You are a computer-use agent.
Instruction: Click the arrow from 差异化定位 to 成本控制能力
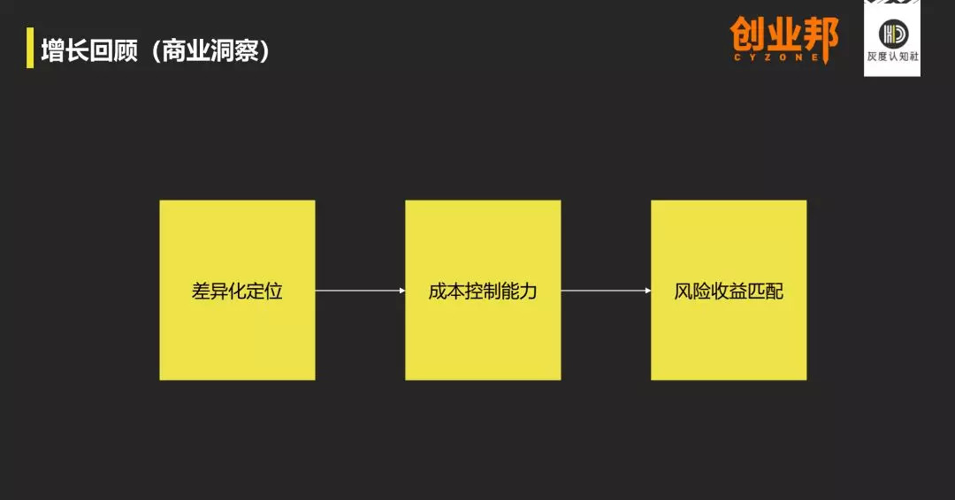click(x=360, y=291)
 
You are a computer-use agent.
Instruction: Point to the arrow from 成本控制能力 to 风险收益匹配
click(x=606, y=291)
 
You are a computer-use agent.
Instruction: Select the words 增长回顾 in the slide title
click(x=89, y=49)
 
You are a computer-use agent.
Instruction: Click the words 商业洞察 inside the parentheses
click(x=210, y=49)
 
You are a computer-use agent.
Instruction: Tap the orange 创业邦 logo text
click(x=783, y=35)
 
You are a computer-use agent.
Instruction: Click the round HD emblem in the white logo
click(x=891, y=34)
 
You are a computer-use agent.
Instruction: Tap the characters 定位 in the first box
click(x=264, y=291)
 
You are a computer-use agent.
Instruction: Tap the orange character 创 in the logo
click(x=748, y=35)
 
